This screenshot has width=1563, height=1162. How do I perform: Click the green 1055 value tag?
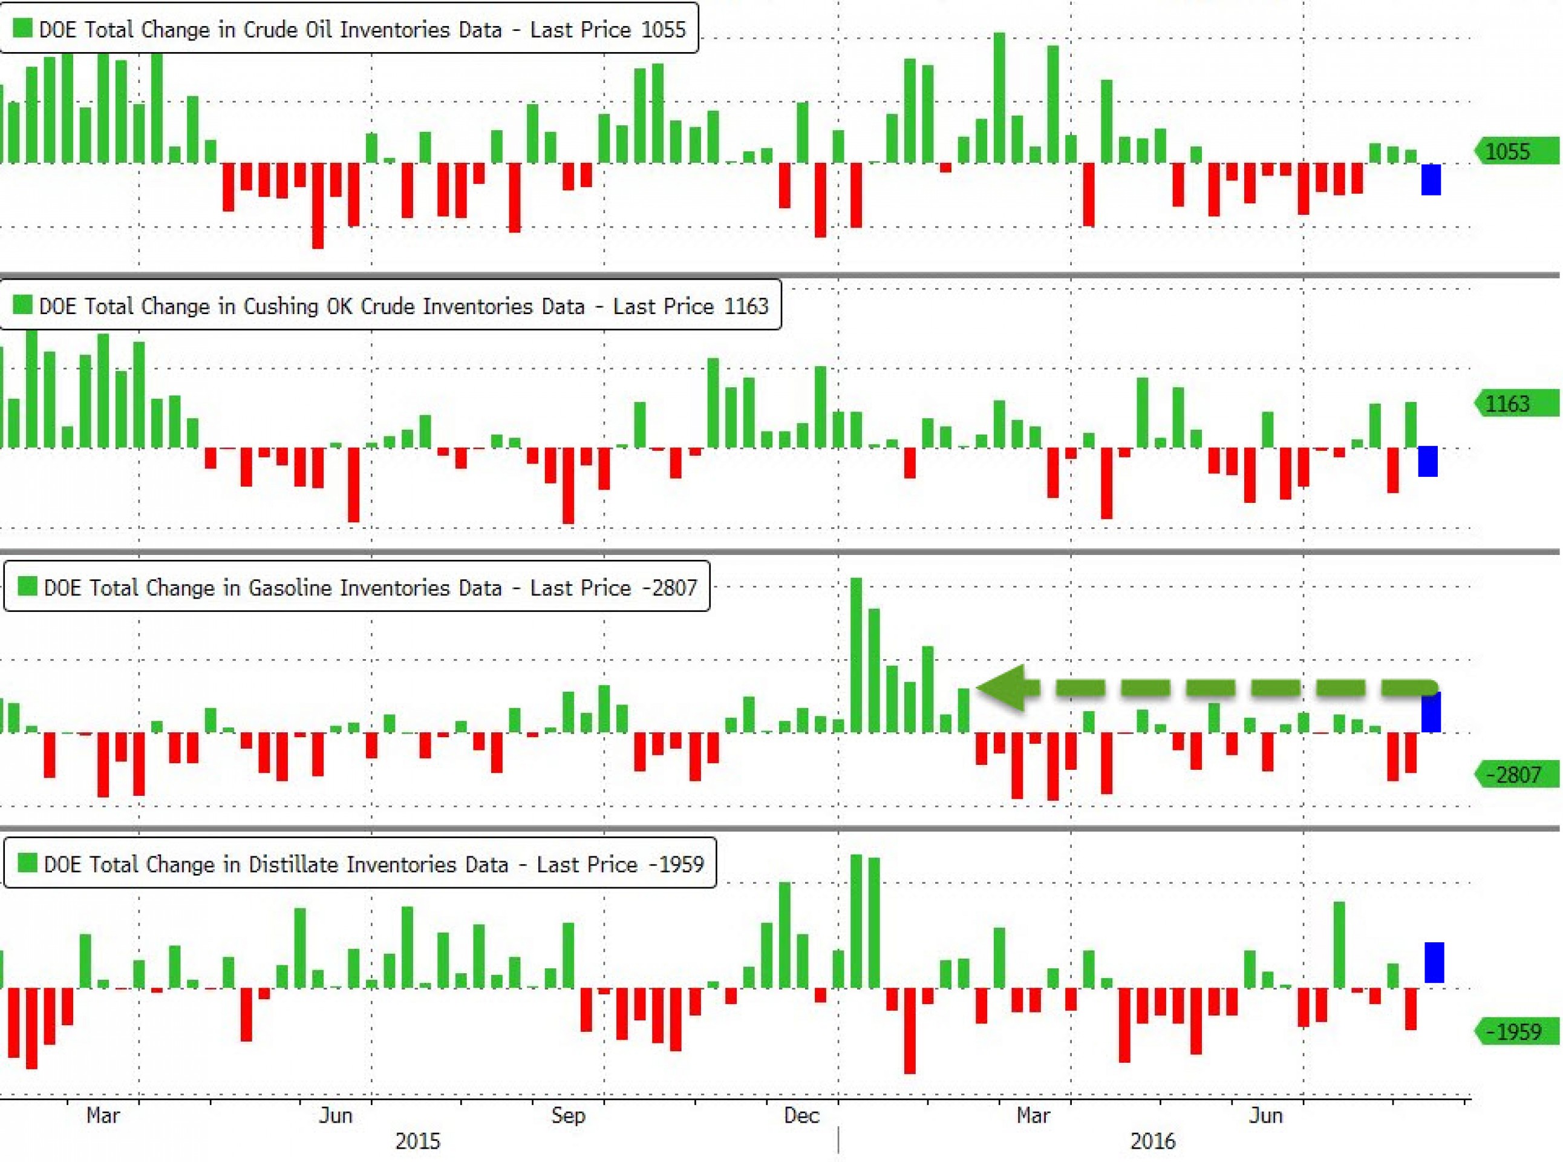pos(1517,151)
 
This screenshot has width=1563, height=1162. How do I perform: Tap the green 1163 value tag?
pos(1517,404)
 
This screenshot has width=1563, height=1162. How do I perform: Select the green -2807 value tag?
pos(1517,775)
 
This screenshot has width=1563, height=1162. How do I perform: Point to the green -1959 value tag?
pos(1517,1032)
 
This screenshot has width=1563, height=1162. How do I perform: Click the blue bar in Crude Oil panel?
pos(1431,179)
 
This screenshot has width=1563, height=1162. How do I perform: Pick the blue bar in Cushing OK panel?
pos(1428,461)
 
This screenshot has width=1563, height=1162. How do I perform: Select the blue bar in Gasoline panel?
pos(1431,712)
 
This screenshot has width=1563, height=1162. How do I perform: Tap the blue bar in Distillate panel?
pos(1434,962)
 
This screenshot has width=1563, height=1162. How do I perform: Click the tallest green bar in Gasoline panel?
pos(856,654)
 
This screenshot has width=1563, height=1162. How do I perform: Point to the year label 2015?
pos(417,1141)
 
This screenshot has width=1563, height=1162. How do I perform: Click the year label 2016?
pos(1152,1141)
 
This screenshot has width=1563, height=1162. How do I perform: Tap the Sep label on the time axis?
pos(568,1115)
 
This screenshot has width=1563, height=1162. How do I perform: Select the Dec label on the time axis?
pos(801,1115)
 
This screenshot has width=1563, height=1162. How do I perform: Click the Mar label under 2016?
pos(1034,1115)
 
